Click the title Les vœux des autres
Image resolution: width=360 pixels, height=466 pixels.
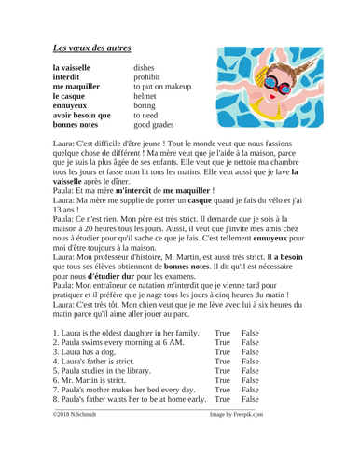pos(104,45)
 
